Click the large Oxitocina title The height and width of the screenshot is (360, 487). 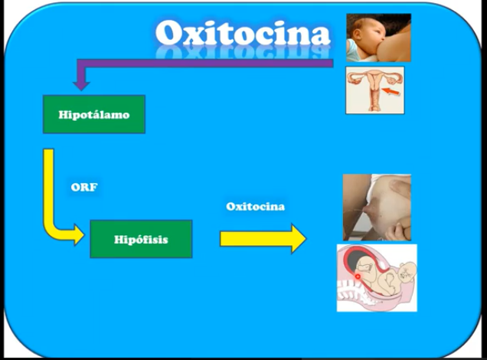pos(243,33)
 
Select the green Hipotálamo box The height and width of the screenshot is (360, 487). pos(94,114)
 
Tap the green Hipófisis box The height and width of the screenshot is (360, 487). pos(142,239)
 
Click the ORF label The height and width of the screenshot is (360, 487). pos(84,187)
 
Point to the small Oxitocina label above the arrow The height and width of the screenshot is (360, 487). pos(255,207)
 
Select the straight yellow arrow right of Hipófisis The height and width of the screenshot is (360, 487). pos(263,239)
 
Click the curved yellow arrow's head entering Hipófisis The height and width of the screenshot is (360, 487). pos(79,235)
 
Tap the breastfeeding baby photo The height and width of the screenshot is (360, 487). pos(378,38)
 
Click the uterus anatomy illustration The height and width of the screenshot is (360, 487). pos(375,90)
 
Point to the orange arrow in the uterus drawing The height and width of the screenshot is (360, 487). pos(391,92)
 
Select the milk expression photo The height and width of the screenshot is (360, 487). pos(377,207)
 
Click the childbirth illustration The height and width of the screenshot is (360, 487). pos(377,278)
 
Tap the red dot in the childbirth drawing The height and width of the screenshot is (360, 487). pos(358,277)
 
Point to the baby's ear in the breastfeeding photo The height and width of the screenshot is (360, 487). pos(358,33)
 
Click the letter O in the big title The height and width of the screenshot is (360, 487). pos(168,33)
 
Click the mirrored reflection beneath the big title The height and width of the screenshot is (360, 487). pos(243,52)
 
